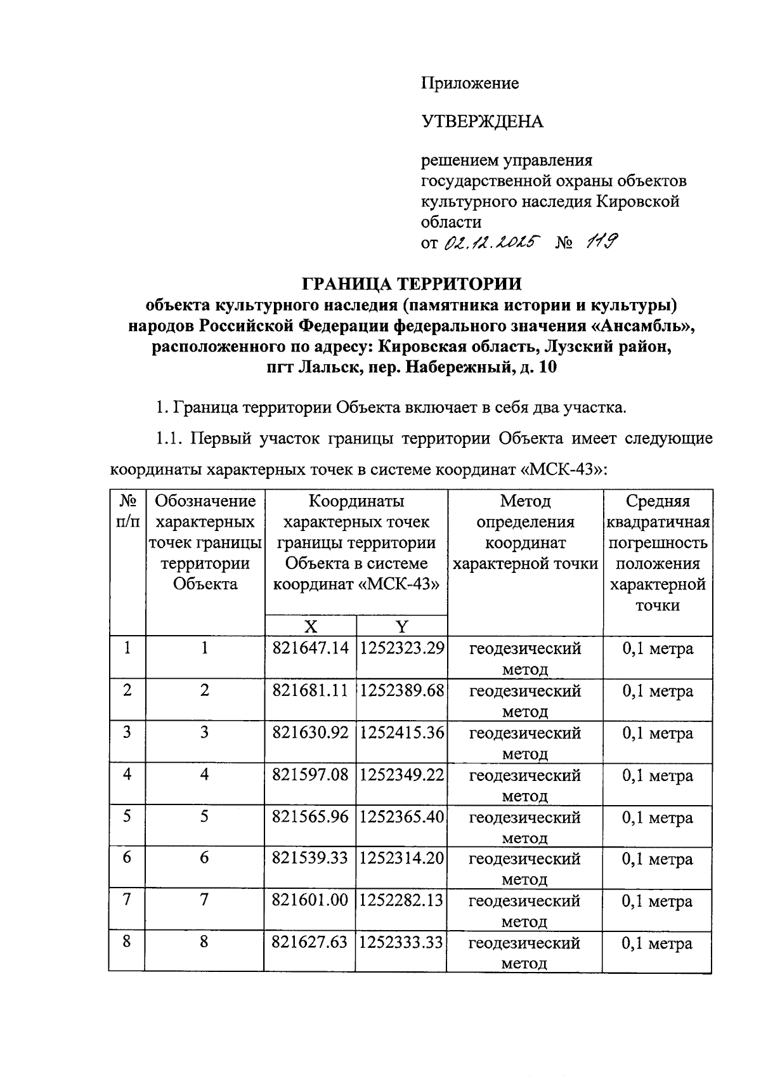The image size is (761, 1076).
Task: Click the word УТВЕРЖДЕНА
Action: click(x=482, y=121)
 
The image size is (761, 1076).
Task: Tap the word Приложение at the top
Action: click(x=470, y=83)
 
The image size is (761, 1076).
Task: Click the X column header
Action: click(x=310, y=627)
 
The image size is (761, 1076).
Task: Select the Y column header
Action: click(x=401, y=627)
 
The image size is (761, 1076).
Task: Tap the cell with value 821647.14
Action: click(x=310, y=649)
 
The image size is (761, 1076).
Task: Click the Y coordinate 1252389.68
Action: click(x=401, y=691)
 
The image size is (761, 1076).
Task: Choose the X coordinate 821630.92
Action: click(x=310, y=733)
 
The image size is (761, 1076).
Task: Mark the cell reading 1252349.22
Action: click(x=401, y=775)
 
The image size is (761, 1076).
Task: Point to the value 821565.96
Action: click(x=310, y=817)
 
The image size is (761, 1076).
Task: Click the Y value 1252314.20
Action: click(x=401, y=859)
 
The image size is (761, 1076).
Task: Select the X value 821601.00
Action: click(x=310, y=901)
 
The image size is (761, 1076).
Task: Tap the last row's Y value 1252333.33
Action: click(x=401, y=943)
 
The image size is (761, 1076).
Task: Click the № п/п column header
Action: click(x=127, y=511)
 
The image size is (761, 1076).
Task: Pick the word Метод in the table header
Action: click(x=525, y=501)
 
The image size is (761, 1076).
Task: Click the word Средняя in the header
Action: click(x=658, y=501)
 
